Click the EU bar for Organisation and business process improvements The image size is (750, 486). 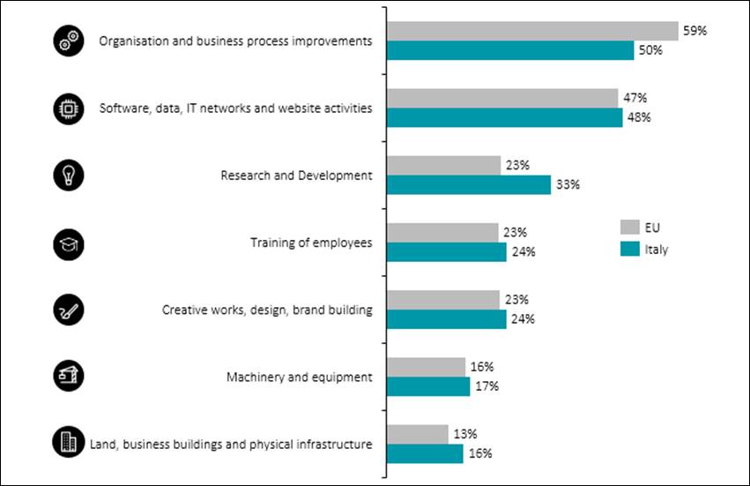click(x=532, y=31)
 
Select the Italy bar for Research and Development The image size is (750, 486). click(x=469, y=184)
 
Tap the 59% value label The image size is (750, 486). click(x=694, y=30)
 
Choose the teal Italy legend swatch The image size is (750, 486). click(x=629, y=249)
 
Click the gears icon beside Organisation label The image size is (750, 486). click(x=69, y=41)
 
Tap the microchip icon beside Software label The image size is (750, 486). click(x=69, y=108)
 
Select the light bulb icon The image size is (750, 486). click(x=69, y=175)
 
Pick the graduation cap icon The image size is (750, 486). click(x=69, y=242)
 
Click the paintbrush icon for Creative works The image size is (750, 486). click(x=69, y=309)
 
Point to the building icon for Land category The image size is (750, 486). click(x=69, y=443)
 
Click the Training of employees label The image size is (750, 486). click(x=311, y=243)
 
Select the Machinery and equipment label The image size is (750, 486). click(x=299, y=377)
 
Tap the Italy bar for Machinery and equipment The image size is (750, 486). click(x=428, y=385)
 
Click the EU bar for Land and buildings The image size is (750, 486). click(x=418, y=433)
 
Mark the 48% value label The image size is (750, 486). click(x=639, y=117)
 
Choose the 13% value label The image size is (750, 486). click(x=464, y=433)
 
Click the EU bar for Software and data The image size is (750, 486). click(x=502, y=98)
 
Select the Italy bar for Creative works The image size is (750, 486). click(x=447, y=318)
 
